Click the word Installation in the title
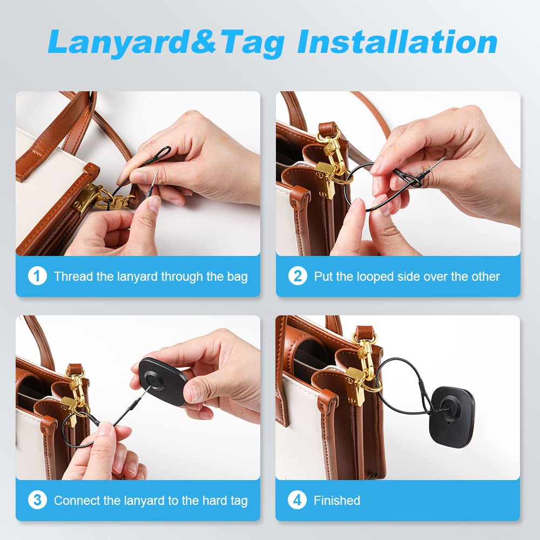(x=397, y=42)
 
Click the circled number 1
(x=37, y=276)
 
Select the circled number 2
(x=298, y=276)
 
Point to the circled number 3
(x=37, y=500)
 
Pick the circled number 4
(x=297, y=500)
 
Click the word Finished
(x=337, y=501)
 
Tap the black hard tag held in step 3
(x=163, y=381)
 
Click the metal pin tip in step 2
(x=443, y=159)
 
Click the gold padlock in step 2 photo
(x=325, y=180)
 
